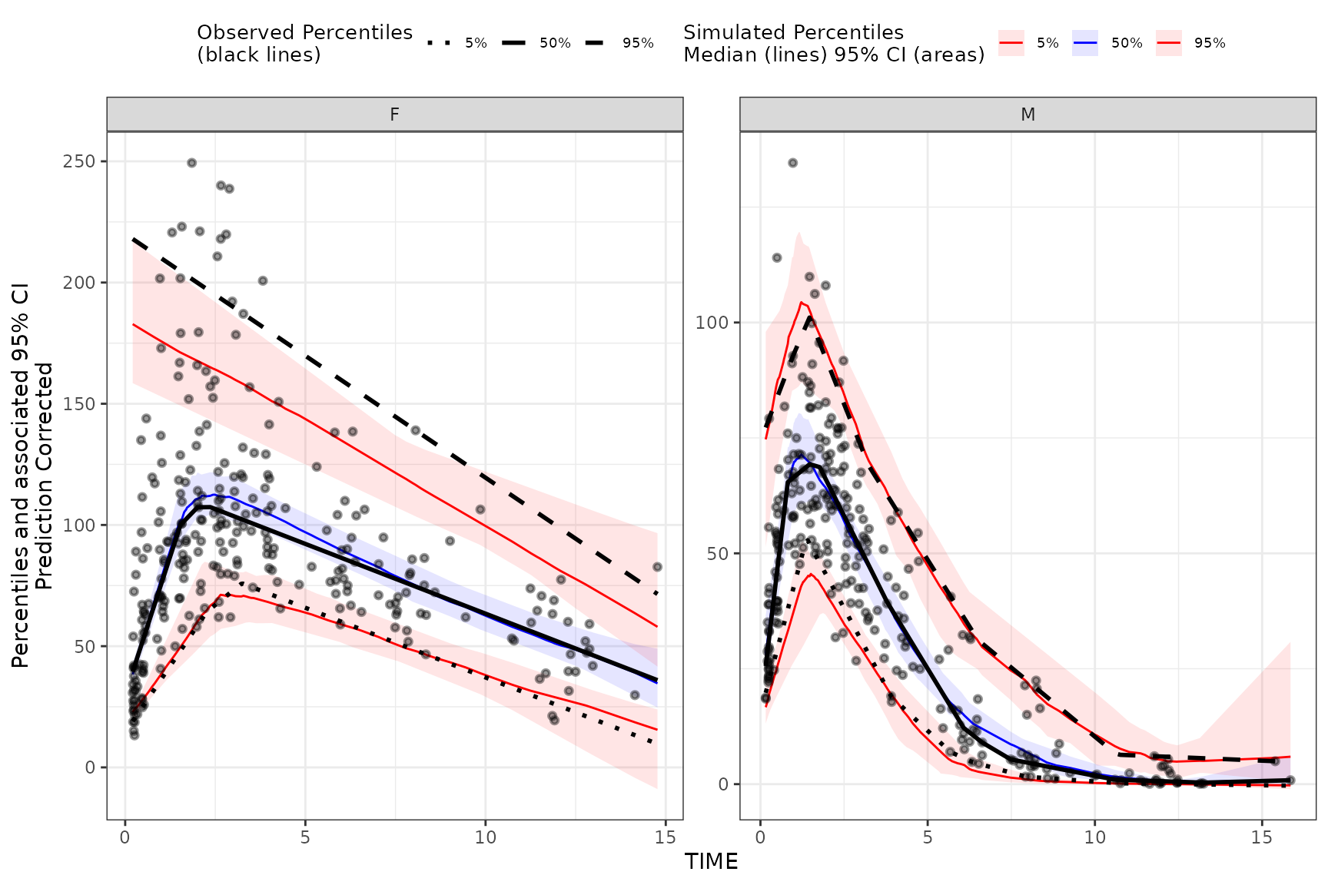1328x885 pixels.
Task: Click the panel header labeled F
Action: pos(394,114)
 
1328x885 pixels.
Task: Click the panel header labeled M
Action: pos(1028,114)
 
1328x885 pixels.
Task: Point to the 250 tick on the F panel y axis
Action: pos(81,161)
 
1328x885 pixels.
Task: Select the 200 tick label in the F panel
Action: pos(81,283)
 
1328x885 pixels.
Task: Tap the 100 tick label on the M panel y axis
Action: pos(712,322)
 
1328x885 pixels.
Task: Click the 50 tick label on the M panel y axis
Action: pos(717,554)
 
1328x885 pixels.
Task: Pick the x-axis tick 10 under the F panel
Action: pos(485,837)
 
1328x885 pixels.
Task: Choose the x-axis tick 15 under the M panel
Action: pos(1262,837)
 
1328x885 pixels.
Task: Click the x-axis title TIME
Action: pos(712,862)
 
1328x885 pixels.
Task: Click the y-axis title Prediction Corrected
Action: pos(45,476)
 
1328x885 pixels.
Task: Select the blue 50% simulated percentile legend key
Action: pos(1084,43)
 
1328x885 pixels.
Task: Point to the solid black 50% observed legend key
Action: pos(513,43)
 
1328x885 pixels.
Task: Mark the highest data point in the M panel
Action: pos(792,163)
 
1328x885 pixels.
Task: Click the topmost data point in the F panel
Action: pos(192,163)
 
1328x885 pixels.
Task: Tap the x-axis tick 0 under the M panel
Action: pos(760,837)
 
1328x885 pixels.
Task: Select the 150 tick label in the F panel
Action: pos(81,404)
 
